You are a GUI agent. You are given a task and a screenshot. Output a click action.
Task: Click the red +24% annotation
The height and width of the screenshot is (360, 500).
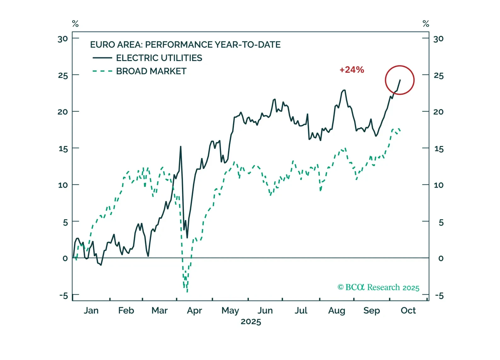point(352,70)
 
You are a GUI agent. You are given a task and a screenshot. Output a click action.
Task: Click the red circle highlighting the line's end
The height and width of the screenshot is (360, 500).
point(400,80)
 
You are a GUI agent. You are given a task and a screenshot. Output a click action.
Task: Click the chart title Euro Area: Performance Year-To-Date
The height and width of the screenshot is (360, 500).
point(185,45)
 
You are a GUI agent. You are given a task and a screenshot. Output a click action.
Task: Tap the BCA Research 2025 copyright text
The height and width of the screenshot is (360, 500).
point(378,287)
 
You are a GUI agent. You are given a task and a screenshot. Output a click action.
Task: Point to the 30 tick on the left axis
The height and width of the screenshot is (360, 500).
point(63,39)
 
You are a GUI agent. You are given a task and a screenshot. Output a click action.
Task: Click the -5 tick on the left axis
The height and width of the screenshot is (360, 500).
point(64,296)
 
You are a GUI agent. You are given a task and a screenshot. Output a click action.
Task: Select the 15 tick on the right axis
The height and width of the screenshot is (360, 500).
point(439,149)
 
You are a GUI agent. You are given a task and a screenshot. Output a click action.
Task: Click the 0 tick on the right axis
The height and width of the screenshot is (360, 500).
point(440,258)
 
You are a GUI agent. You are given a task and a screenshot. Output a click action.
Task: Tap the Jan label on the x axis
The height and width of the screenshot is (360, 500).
point(91,311)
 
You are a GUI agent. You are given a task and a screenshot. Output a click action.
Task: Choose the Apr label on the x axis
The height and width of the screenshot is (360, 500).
point(194,311)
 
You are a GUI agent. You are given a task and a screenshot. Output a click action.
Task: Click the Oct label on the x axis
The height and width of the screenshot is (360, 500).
point(408,311)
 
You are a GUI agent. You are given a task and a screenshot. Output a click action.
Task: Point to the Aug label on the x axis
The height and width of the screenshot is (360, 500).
point(337,311)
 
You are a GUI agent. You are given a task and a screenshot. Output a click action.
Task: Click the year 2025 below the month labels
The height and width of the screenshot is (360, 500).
point(251,322)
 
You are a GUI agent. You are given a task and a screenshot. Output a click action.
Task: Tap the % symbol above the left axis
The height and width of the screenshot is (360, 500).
point(75,24)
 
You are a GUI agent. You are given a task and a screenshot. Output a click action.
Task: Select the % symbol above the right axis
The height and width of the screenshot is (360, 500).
point(426,24)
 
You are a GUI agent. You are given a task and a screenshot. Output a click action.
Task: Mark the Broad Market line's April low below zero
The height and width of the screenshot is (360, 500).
point(187,291)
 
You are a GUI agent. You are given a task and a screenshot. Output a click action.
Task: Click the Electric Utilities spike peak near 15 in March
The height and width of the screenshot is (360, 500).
point(180,147)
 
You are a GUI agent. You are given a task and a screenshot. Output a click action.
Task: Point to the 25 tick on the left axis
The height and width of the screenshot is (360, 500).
point(63,76)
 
